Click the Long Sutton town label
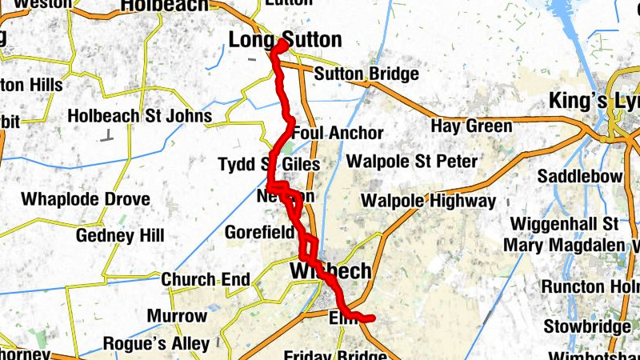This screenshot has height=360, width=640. pos(285,39)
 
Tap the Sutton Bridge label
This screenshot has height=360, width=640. pos(366,74)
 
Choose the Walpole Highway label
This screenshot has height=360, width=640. pos(429,200)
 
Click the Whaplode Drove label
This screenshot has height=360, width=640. pos(85,198)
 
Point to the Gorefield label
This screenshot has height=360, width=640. pos(259,234)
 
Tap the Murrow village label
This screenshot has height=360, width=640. pos(177,316)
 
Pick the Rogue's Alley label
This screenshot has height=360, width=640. pos(156,344)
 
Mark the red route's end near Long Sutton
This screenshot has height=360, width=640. pos(282,45)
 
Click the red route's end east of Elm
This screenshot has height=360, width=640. pos(371,318)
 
